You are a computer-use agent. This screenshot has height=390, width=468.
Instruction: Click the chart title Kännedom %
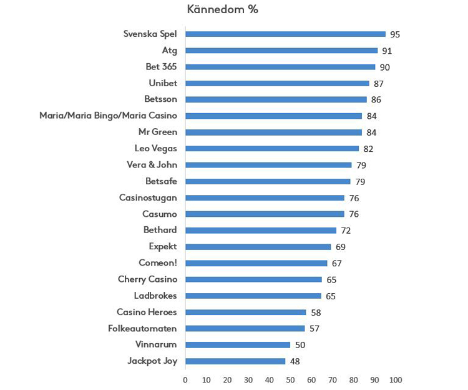(x=223, y=9)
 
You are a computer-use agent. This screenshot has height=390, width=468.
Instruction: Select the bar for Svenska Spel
(x=285, y=34)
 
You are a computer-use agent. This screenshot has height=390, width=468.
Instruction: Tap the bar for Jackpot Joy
(x=235, y=361)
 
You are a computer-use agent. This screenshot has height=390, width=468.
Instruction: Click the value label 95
(x=395, y=34)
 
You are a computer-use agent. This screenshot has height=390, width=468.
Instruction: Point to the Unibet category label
(x=163, y=83)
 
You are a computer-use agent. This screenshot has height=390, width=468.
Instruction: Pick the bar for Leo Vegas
(x=272, y=149)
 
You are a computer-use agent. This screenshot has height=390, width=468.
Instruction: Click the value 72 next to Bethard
(x=346, y=231)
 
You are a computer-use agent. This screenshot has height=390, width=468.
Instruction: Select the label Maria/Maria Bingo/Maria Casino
(x=108, y=116)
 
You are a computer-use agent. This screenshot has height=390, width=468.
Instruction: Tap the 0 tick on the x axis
(x=185, y=379)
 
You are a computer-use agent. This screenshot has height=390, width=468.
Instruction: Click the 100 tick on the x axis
(x=396, y=379)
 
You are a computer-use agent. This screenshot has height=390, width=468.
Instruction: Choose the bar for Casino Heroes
(x=246, y=312)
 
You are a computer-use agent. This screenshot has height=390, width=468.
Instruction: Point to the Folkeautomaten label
(x=143, y=328)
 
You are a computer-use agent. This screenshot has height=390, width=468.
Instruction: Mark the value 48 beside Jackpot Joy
(x=295, y=361)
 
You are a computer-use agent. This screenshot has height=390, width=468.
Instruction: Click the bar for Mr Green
(x=273, y=132)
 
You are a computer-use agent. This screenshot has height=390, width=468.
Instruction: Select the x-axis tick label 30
(x=248, y=379)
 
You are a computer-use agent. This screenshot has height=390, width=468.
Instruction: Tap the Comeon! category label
(x=158, y=263)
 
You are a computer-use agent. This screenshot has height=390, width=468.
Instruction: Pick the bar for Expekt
(x=258, y=247)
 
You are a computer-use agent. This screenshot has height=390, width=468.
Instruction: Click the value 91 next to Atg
(x=387, y=51)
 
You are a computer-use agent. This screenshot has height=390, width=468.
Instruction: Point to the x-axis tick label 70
(x=333, y=379)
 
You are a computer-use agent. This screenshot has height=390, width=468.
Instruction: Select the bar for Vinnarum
(x=238, y=344)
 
